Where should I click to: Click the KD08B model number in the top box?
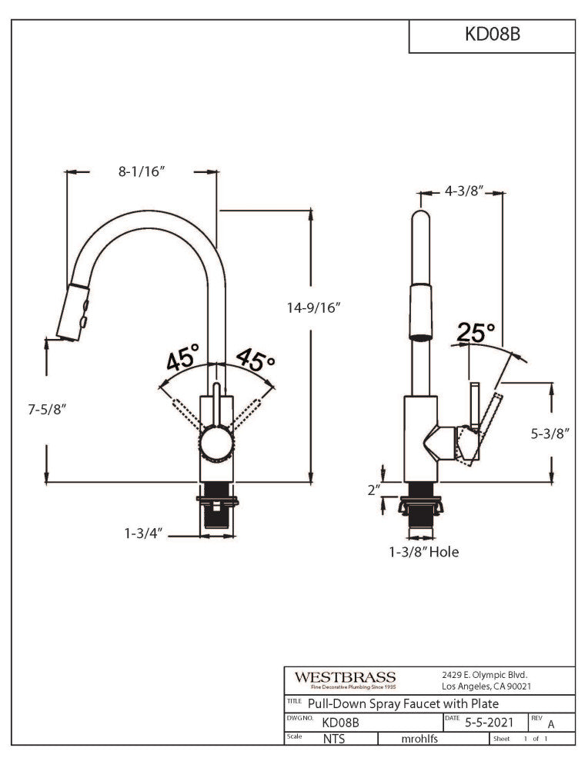[x=493, y=35]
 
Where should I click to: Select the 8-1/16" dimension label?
[x=142, y=172]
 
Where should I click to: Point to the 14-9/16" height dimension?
[x=311, y=307]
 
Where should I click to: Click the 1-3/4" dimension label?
[x=142, y=532]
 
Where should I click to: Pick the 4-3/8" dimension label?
[x=463, y=191]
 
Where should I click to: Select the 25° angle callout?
[x=476, y=333]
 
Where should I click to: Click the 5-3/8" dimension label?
[x=550, y=434]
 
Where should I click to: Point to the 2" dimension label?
[x=374, y=490]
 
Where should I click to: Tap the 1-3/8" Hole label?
[x=423, y=551]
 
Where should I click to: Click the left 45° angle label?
[x=182, y=357]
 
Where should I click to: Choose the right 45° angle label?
[x=256, y=358]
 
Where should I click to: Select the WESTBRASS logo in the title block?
[x=345, y=680]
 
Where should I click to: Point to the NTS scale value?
[x=333, y=739]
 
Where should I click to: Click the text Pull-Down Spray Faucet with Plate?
[x=403, y=703]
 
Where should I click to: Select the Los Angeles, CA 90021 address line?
[x=486, y=686]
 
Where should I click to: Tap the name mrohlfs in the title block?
[x=422, y=739]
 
